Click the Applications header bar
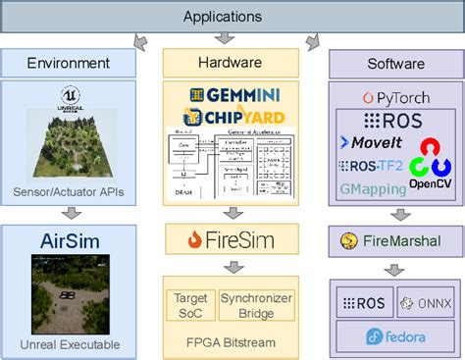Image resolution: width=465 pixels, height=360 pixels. pos(232,17)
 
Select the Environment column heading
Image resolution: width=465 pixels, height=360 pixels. pos(68,63)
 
